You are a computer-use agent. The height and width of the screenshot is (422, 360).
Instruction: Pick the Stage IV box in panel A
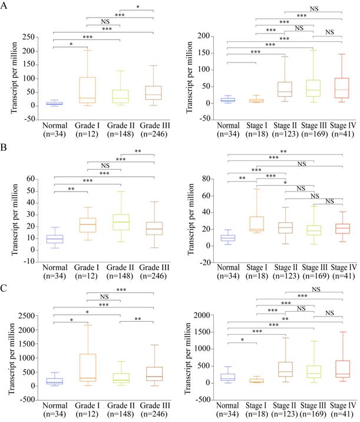[x=342, y=88]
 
